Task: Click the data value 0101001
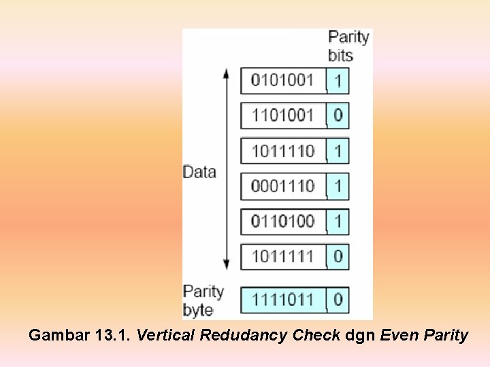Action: point(282,81)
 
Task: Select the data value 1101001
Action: point(282,116)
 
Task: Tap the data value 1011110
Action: point(282,151)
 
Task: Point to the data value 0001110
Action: point(282,186)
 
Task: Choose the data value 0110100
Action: point(282,222)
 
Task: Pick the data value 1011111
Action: point(282,257)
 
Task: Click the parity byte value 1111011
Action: point(282,299)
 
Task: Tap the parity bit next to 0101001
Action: point(338,82)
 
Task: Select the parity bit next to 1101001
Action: point(338,116)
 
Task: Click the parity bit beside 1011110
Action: point(338,151)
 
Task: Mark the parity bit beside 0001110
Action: point(338,186)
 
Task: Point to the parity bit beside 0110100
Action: point(338,222)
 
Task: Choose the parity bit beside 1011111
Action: point(338,257)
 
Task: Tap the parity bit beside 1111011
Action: point(338,299)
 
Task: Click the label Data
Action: point(199,172)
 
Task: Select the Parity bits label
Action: point(348,46)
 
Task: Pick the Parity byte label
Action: point(203,300)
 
